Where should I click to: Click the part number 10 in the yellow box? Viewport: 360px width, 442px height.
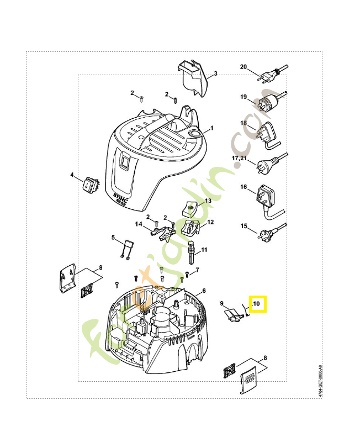tap(257, 304)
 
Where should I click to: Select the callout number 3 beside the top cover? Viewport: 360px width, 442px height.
tap(215, 73)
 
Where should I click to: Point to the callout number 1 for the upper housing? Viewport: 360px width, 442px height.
tap(210, 129)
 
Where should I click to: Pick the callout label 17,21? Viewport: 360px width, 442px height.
tap(240, 158)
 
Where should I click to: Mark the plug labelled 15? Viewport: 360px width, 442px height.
tap(266, 234)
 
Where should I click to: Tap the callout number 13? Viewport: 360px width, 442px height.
tap(209, 201)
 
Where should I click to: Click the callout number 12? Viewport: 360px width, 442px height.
tap(210, 222)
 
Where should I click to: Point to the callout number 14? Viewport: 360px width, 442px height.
tap(139, 224)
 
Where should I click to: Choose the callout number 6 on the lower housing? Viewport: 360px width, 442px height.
tap(204, 291)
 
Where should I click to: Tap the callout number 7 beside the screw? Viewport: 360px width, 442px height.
tap(197, 270)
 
